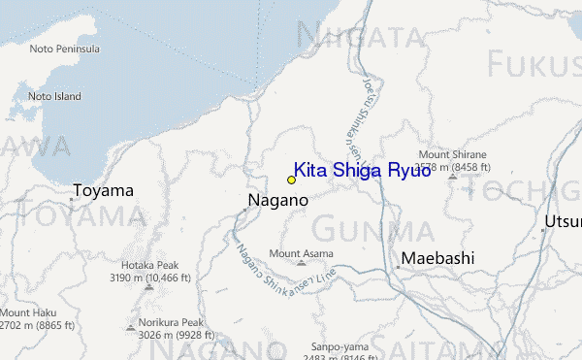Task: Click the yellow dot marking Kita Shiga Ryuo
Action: (x=291, y=180)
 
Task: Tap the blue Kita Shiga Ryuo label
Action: (x=362, y=170)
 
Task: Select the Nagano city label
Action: (x=277, y=200)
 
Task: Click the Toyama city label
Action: (x=102, y=190)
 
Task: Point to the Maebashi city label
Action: (x=437, y=258)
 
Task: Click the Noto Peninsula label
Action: (x=65, y=49)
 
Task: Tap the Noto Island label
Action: (x=53, y=96)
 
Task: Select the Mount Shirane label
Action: (x=452, y=154)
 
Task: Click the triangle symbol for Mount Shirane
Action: (x=452, y=177)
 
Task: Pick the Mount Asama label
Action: (x=301, y=253)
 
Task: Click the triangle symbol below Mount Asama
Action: (x=301, y=263)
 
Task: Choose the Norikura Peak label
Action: (x=171, y=323)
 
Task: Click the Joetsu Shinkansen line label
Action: (x=354, y=116)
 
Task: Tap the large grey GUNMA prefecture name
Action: (x=372, y=231)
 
